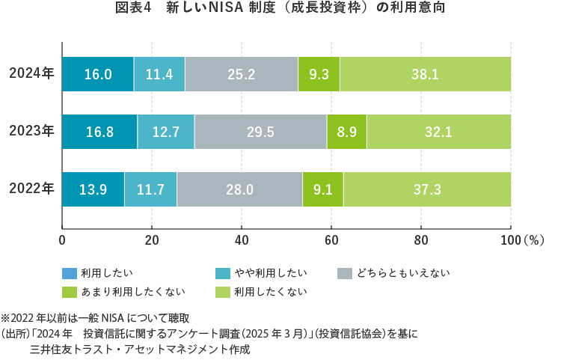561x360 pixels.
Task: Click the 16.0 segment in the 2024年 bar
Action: [x=98, y=74]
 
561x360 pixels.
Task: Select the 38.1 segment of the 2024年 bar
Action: [x=425, y=74]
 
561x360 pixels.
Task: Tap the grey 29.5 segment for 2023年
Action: [x=260, y=132]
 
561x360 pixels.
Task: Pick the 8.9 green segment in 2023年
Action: [x=346, y=132]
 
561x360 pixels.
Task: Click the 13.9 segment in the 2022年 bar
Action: [x=93, y=189]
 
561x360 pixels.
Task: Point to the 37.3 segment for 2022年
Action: [x=426, y=189]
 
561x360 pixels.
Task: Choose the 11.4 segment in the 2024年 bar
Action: [x=159, y=74]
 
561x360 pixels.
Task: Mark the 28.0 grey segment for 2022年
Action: [x=239, y=189]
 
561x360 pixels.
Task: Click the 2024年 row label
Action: [x=31, y=73]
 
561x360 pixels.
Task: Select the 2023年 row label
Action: [x=31, y=131]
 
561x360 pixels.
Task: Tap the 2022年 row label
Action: [x=31, y=189]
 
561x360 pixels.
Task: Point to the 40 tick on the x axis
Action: [x=242, y=240]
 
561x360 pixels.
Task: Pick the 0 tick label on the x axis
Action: [x=62, y=240]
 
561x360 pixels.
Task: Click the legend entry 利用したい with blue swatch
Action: [x=97, y=272]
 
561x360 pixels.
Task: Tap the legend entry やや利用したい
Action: [x=261, y=272]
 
